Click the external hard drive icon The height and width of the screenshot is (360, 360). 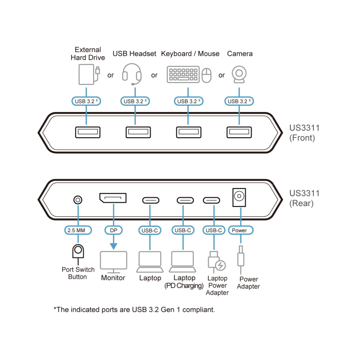click(89, 75)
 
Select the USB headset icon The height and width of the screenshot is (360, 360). click(132, 74)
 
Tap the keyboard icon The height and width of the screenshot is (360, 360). click(183, 75)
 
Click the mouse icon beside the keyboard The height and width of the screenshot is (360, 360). click(206, 75)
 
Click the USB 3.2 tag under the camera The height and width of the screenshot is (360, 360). click(239, 101)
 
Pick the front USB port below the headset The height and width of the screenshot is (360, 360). click(138, 132)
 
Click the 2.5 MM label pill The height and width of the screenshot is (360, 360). click(78, 230)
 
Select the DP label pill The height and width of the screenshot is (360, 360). click(113, 230)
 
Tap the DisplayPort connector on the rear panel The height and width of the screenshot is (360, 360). click(113, 198)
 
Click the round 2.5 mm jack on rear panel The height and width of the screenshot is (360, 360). click(78, 200)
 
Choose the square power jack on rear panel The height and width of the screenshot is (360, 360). click(239, 197)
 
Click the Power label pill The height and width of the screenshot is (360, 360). click(240, 230)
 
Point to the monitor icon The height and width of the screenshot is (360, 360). click(113, 262)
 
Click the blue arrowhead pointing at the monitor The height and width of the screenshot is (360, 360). click(113, 246)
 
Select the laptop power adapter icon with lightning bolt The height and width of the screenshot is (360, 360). click(216, 262)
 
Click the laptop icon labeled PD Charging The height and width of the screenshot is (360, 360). click(183, 262)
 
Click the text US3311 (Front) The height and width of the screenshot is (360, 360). click(304, 133)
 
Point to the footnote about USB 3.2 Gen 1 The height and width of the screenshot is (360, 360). click(134, 310)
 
